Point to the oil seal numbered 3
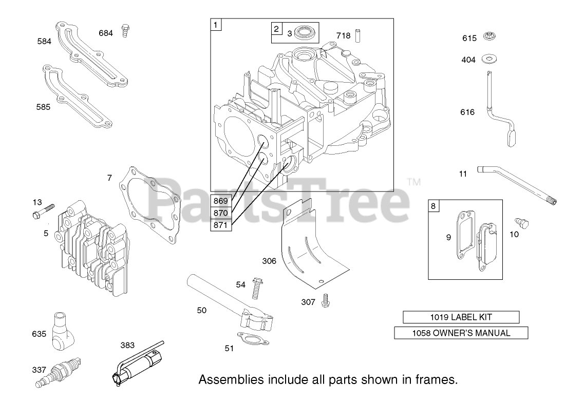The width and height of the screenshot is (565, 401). pos(307,34)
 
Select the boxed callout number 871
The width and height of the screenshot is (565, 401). pos(221,223)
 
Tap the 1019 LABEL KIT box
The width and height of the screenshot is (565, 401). pos(461,317)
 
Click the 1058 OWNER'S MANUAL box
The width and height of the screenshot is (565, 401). pos(461,333)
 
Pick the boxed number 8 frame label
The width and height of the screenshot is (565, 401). pos(434,206)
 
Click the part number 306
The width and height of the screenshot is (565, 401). pos(269,261)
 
